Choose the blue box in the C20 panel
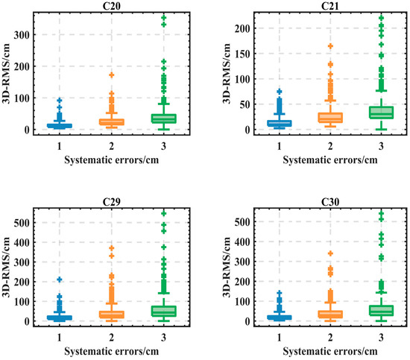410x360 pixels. point(60,125)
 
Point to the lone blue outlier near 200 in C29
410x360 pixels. point(60,280)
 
